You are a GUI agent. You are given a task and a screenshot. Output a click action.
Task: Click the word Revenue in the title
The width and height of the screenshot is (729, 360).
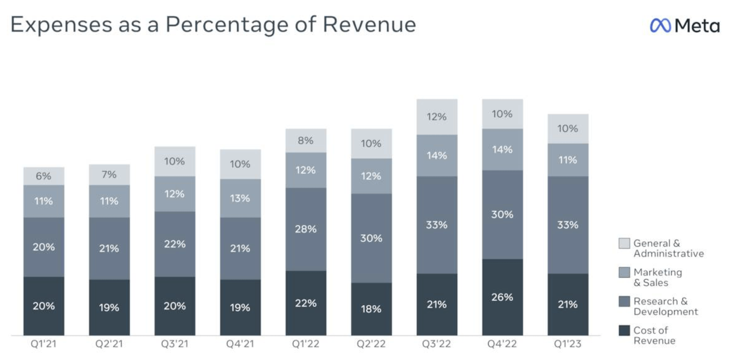(x=369, y=25)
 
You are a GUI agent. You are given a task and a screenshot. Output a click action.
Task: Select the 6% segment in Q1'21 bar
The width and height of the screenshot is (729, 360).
(x=44, y=176)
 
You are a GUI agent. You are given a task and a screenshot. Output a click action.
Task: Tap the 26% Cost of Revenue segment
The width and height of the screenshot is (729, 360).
(x=502, y=297)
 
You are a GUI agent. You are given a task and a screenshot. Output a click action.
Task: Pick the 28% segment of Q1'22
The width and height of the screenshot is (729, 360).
(x=306, y=229)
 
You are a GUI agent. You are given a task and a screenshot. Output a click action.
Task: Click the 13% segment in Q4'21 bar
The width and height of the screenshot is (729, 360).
(x=240, y=198)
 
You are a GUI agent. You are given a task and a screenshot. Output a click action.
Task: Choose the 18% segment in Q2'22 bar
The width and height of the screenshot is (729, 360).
(x=371, y=309)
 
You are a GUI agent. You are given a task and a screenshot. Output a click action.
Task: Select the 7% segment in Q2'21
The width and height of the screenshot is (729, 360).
(x=109, y=175)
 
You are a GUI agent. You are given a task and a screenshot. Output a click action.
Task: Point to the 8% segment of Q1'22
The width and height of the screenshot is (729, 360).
(x=306, y=140)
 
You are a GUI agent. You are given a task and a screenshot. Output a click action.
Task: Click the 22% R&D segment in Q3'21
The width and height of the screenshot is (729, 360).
(x=174, y=244)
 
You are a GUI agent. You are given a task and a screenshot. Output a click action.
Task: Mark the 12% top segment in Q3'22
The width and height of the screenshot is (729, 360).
(x=437, y=117)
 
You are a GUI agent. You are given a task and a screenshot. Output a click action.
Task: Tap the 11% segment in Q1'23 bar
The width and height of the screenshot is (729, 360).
(x=568, y=160)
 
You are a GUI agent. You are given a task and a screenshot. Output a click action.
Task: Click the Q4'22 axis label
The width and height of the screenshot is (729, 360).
(x=502, y=344)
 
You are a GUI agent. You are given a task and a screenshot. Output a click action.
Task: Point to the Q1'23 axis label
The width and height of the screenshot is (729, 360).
(x=567, y=344)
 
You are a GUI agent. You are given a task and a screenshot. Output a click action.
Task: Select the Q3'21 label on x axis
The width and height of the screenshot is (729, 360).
(x=174, y=344)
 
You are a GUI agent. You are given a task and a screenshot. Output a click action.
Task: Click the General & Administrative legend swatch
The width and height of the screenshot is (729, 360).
(x=624, y=243)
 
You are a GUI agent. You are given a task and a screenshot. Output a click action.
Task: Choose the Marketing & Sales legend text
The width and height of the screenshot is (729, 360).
(x=658, y=277)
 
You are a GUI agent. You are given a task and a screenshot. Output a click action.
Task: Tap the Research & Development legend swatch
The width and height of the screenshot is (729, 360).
(x=624, y=301)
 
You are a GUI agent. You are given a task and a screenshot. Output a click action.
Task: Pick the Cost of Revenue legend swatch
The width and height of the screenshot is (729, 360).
(x=624, y=330)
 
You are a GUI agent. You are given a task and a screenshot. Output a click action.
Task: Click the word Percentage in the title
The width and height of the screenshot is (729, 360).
(x=227, y=25)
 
